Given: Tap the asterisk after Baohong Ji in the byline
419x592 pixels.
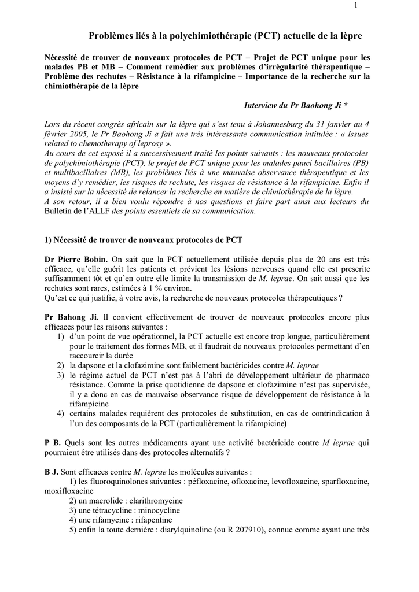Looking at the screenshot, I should click(x=346, y=106).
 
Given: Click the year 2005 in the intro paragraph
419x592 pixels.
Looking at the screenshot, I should click(x=76, y=133).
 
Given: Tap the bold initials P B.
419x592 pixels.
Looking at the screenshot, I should click(x=53, y=443).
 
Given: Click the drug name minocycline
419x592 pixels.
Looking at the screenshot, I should click(x=156, y=510).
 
